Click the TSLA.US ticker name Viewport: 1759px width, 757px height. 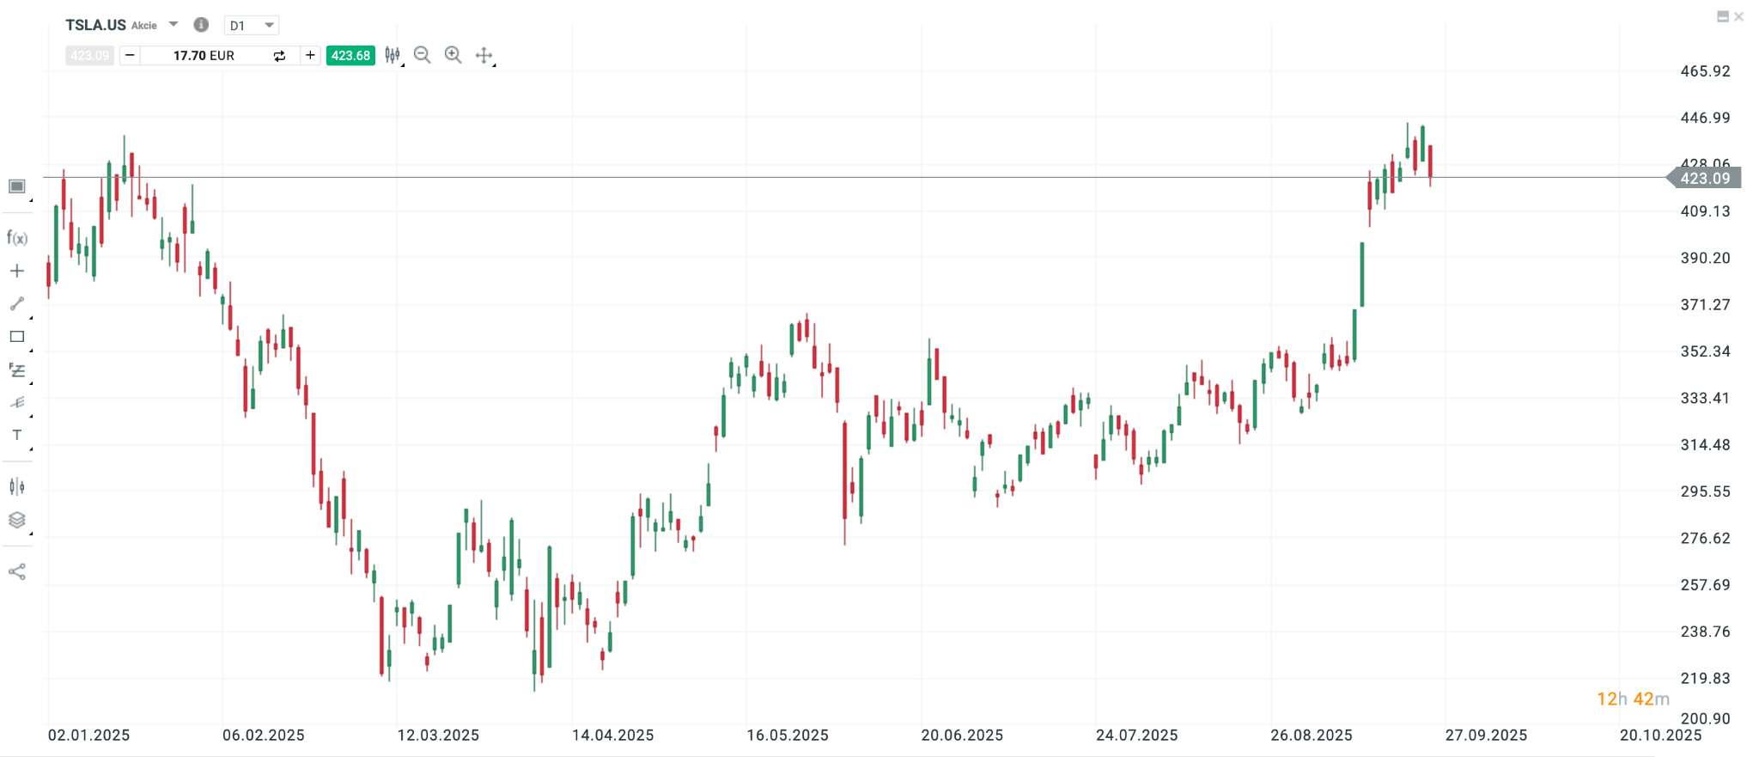[95, 25]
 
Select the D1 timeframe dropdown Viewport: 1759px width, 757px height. [251, 25]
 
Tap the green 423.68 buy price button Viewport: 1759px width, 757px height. [350, 56]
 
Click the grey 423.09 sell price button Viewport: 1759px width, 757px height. [89, 56]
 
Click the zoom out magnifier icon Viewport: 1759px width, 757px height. [422, 55]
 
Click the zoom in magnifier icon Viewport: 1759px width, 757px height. [453, 55]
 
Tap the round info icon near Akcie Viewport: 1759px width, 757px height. [201, 25]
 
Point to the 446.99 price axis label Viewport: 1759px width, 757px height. [1705, 118]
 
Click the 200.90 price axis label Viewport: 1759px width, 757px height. [1705, 718]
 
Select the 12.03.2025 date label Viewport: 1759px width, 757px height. [438, 736]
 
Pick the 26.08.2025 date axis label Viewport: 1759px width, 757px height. [1312, 736]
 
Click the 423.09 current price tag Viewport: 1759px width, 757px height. [1705, 179]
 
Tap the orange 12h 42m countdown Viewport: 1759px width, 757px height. [1633, 699]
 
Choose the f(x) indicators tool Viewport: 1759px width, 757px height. [17, 238]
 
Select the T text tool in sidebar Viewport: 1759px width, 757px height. [17, 436]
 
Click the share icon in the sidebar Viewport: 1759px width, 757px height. [17, 572]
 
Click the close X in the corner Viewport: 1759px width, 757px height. [1739, 16]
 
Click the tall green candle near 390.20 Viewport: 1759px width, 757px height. [1361, 275]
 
